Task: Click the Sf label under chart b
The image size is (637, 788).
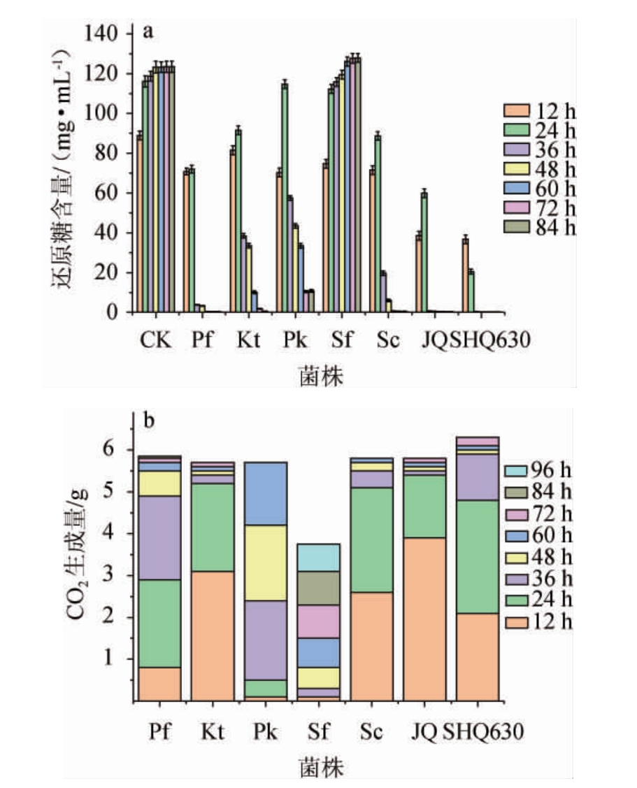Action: coord(319,734)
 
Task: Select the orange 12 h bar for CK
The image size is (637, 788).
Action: coord(140,224)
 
